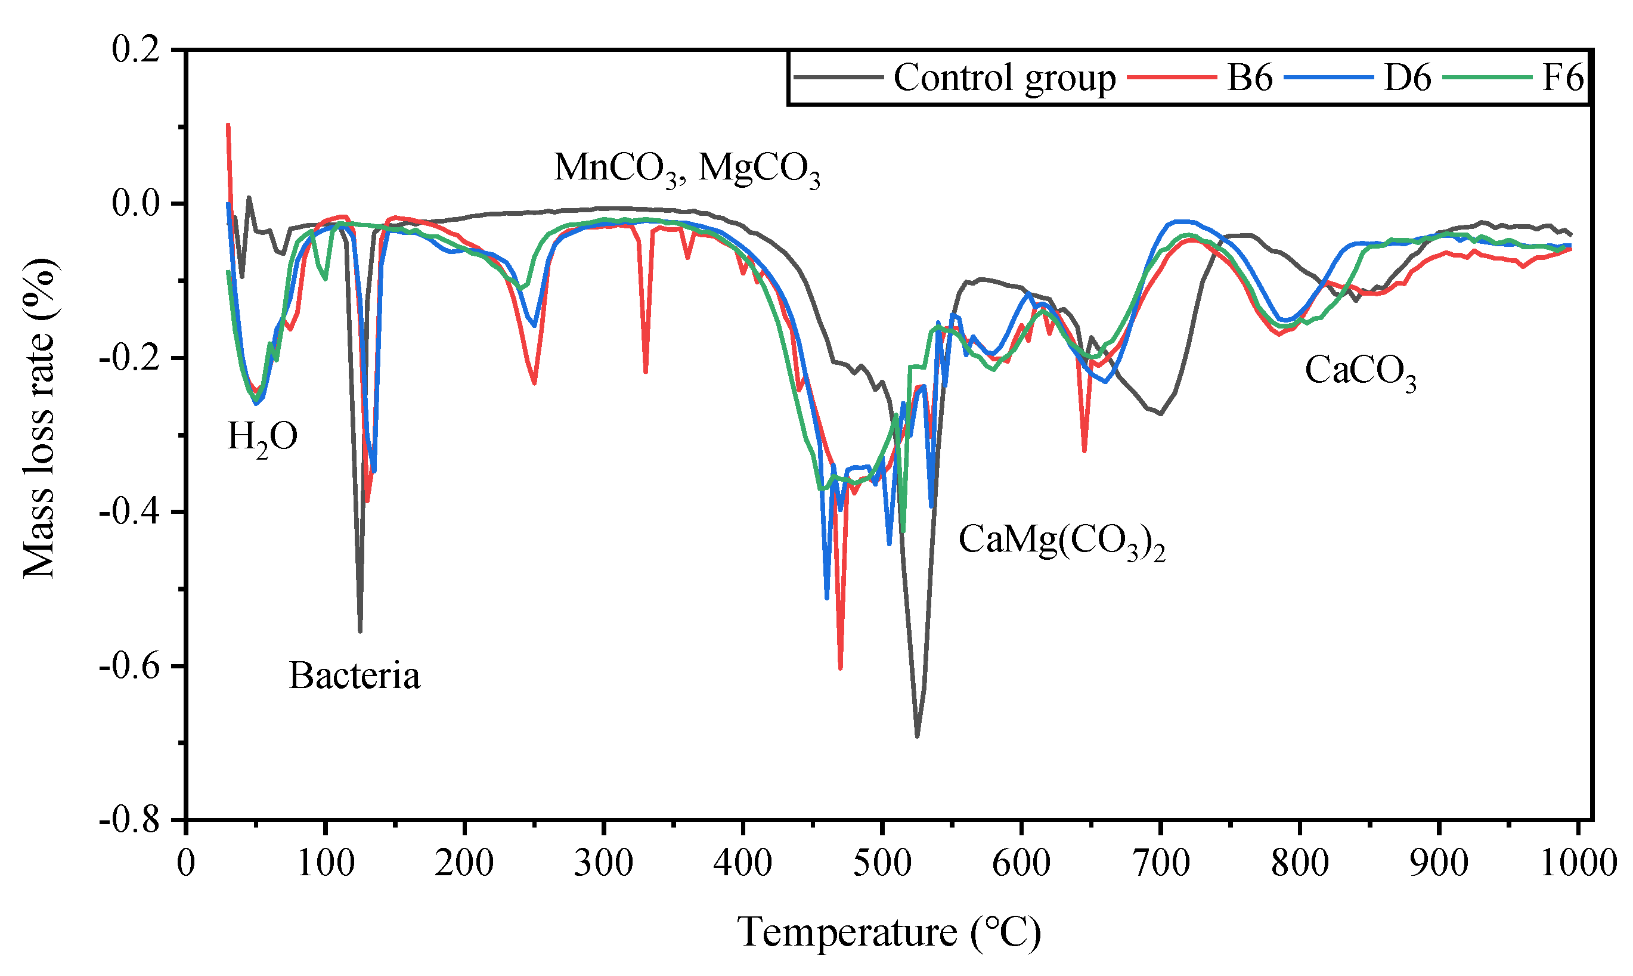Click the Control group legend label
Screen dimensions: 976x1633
pos(1003,78)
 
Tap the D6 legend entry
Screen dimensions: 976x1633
pos(1408,78)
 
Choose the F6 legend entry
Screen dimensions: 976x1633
pos(1563,78)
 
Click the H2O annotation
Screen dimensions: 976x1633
pos(262,436)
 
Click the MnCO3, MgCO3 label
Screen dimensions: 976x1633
pos(687,168)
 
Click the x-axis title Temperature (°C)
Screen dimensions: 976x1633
pos(889,932)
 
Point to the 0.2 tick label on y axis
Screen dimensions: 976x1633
pos(136,50)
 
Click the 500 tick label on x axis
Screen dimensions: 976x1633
pos(882,863)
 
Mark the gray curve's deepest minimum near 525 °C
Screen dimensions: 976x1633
pos(918,736)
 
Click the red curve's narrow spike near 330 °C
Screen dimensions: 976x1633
pos(646,372)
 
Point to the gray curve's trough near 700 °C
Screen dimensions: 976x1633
pos(1161,414)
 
